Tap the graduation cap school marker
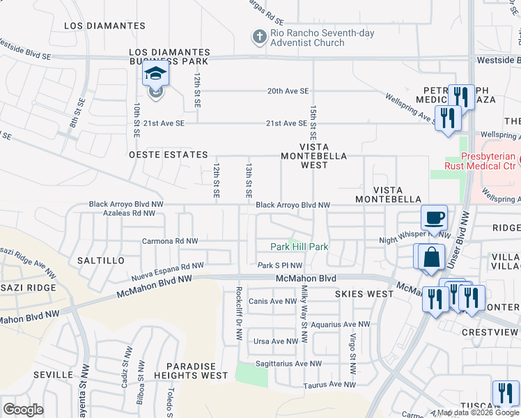[155, 75]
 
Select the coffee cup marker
[434, 217]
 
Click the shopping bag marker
[431, 256]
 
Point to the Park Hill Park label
[299, 247]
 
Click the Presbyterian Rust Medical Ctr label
[481, 162]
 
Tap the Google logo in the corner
[23, 410]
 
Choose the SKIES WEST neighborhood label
[364, 294]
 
